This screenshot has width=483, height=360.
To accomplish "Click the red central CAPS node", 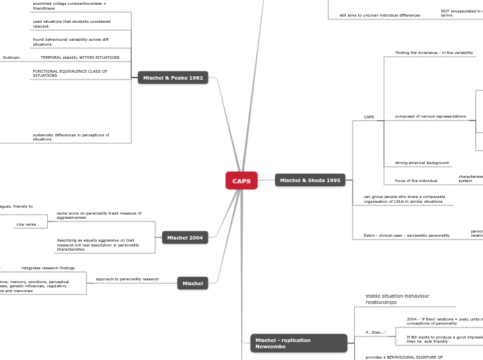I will [241, 181].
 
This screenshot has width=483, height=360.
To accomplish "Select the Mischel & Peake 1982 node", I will [173, 78].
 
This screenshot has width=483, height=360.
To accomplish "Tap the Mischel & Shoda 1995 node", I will [310, 180].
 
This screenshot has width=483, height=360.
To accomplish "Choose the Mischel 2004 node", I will [184, 237].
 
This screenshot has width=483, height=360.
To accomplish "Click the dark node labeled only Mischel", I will [192, 283].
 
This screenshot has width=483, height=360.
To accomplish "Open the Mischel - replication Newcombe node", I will [298, 343].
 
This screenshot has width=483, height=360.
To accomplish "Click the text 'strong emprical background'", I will [421, 163].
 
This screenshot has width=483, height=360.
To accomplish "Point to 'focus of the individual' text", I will [416, 181].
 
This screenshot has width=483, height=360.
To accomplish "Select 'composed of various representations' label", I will [430, 116].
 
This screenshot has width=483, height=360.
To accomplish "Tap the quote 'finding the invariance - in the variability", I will [434, 53].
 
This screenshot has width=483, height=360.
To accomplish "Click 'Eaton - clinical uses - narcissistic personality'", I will [407, 235].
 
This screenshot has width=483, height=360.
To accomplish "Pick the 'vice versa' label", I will [26, 224].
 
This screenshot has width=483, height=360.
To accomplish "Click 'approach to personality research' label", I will [127, 279].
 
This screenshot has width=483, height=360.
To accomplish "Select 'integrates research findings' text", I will [48, 268].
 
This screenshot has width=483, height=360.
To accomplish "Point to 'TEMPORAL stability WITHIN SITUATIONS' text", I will [80, 57].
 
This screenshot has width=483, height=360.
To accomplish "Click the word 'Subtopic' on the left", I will [11, 57].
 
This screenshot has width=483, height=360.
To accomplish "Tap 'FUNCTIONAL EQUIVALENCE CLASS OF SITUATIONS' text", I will [70, 73].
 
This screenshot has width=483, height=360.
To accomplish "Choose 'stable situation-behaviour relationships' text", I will [397, 299].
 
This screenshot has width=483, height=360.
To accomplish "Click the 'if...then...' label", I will [376, 332].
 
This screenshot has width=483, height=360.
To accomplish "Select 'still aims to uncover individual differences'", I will [379, 15].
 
